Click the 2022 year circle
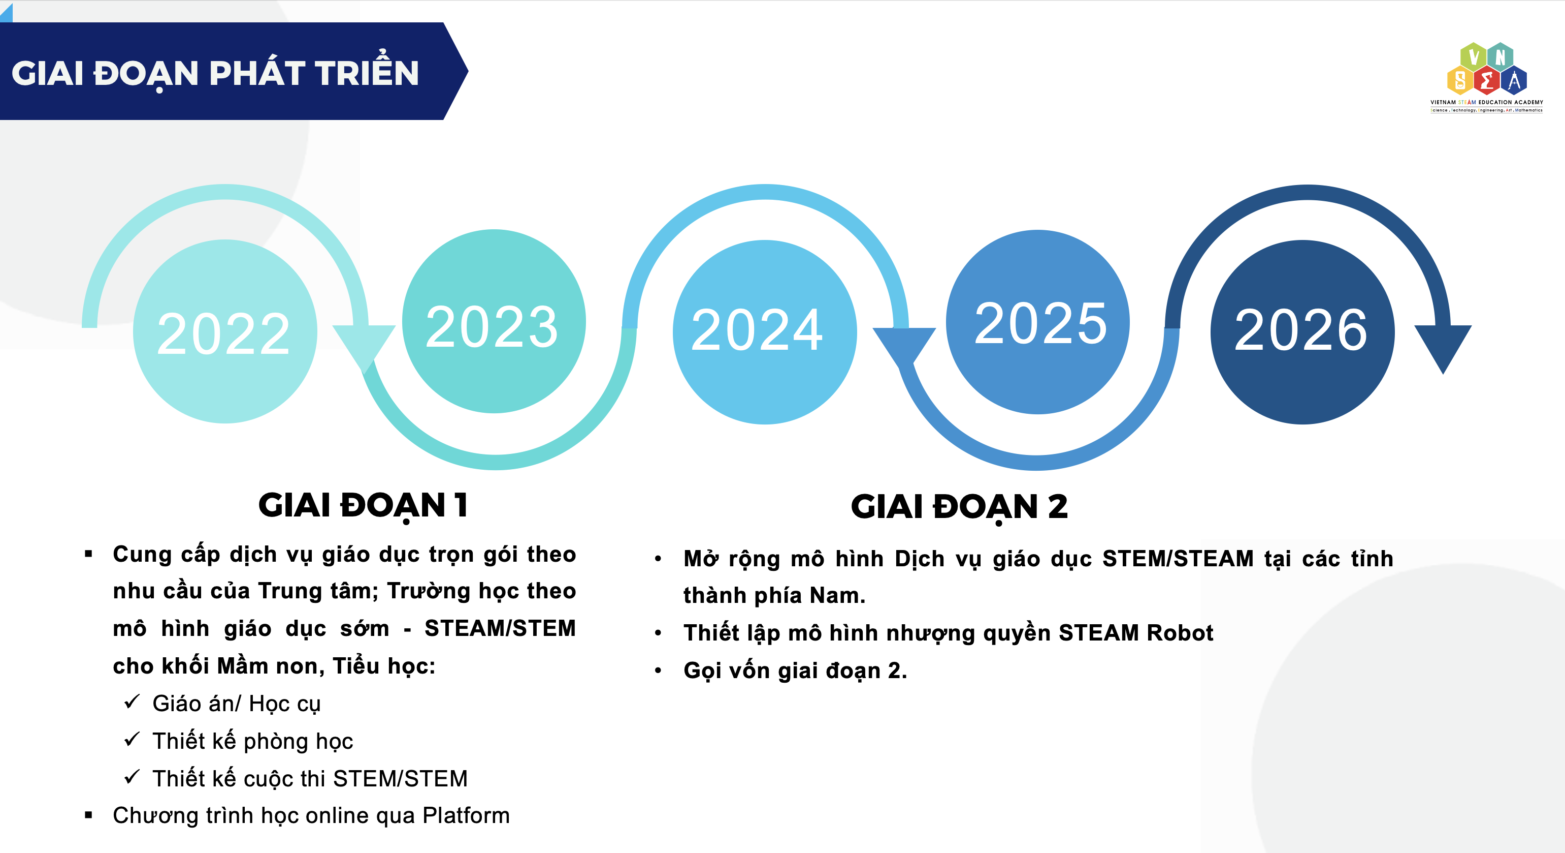click(x=225, y=331)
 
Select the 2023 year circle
click(x=494, y=321)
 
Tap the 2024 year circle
click(x=765, y=332)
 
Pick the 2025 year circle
click(x=1038, y=322)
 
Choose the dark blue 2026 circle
click(x=1302, y=332)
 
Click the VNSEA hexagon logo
click(x=1487, y=77)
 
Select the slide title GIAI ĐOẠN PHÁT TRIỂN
click(x=215, y=74)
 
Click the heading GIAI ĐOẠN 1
click(x=363, y=506)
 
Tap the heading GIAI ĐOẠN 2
click(x=959, y=507)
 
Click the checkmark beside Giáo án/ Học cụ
click(x=132, y=702)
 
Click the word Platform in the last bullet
click(x=466, y=815)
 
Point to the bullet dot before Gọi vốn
click(x=658, y=671)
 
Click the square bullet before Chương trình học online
click(x=89, y=815)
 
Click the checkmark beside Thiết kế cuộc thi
click(x=132, y=776)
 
